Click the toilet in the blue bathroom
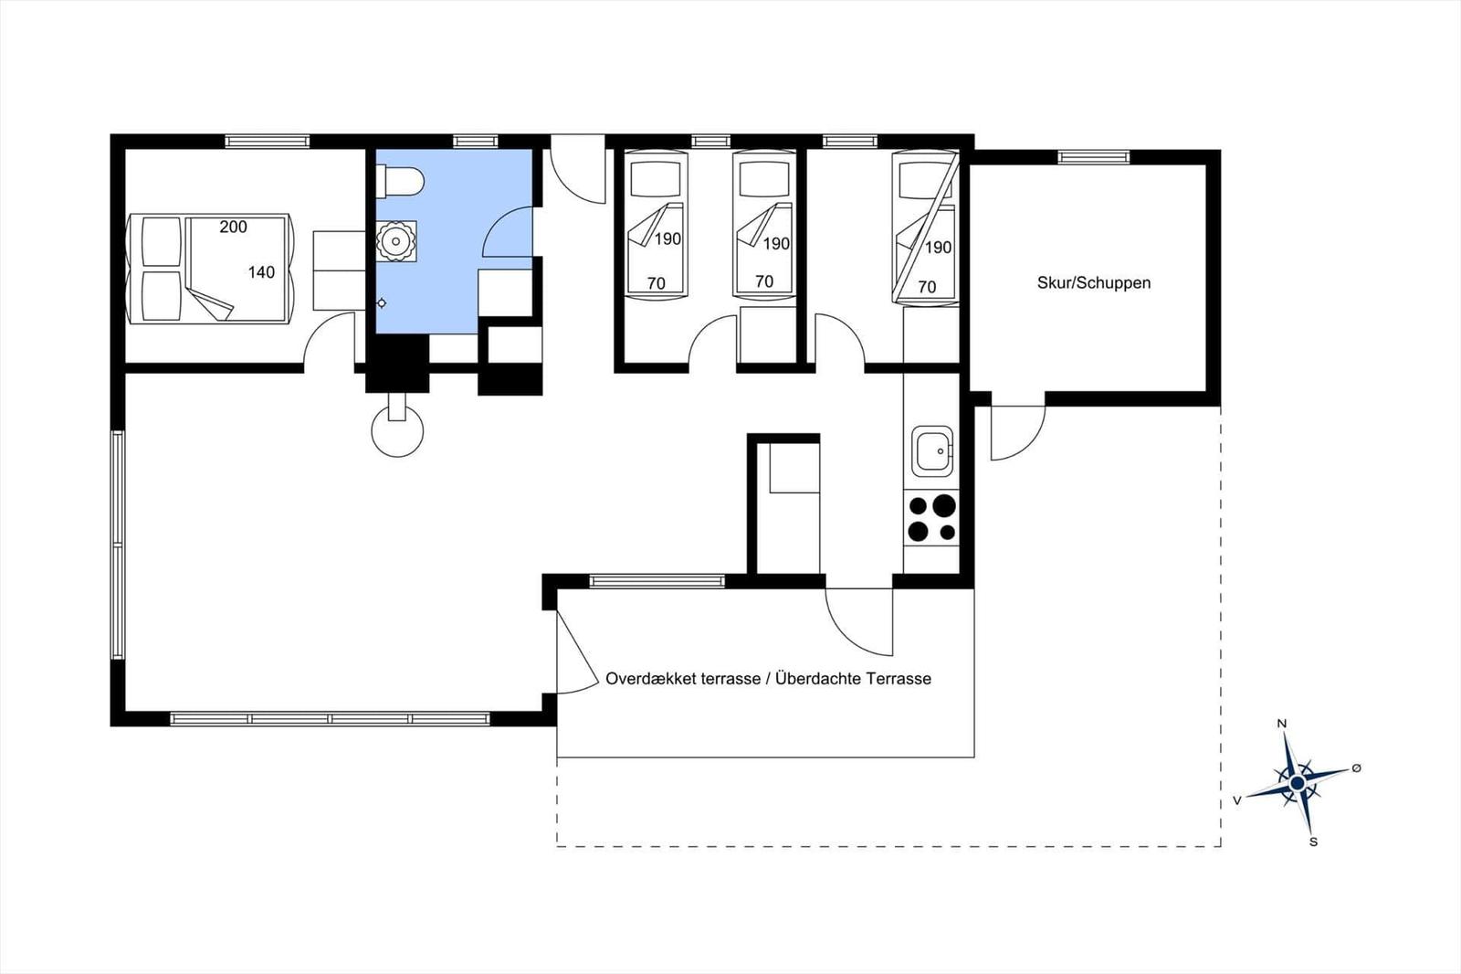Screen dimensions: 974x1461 tap(400, 181)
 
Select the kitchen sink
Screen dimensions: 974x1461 tap(932, 451)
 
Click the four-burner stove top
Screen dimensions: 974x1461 tap(931, 519)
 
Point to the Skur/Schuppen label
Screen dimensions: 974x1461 tap(1093, 283)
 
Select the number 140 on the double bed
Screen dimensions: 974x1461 tap(261, 272)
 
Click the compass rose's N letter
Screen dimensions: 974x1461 tap(1282, 724)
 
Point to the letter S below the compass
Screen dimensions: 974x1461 tap(1313, 842)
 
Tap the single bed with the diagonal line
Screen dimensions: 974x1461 tap(926, 228)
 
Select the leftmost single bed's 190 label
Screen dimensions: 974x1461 tap(668, 239)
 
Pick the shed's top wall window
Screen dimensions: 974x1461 tap(1093, 157)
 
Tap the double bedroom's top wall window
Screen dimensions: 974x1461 tap(267, 141)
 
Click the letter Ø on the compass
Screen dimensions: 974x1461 tap(1356, 768)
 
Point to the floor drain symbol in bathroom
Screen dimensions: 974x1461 tap(382, 303)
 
